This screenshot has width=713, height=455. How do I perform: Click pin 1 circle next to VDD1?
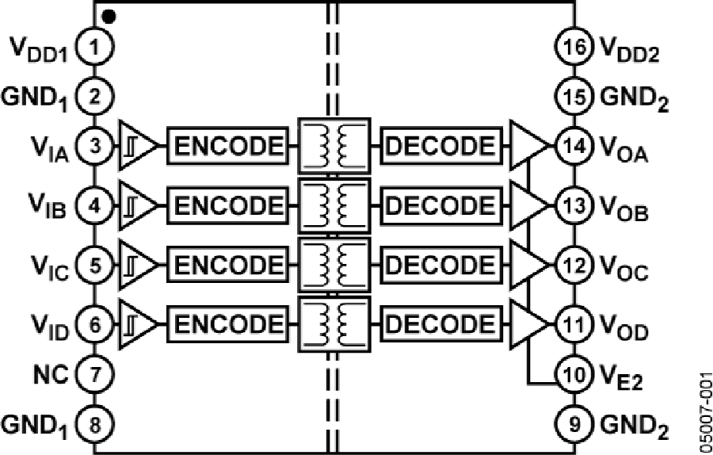[x=95, y=49]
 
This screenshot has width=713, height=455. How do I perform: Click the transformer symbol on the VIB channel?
[x=333, y=205]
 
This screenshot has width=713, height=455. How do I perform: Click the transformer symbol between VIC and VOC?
[x=333, y=264]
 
